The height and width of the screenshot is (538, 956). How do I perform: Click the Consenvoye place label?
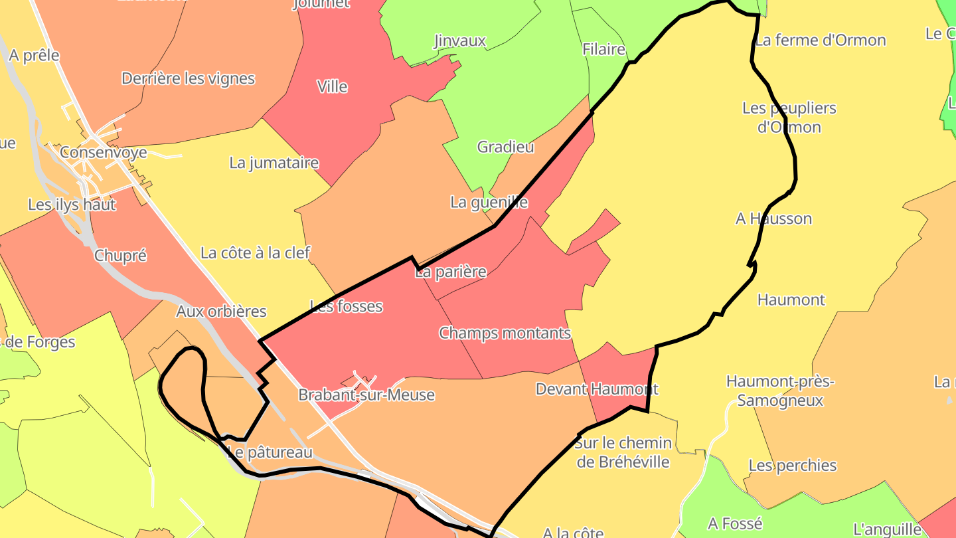click(103, 153)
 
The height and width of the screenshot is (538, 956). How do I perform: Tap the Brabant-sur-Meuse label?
click(366, 395)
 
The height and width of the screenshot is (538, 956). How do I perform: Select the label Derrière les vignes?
click(188, 78)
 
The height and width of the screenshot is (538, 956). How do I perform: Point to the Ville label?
click(332, 87)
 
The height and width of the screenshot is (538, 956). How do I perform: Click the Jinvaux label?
click(459, 41)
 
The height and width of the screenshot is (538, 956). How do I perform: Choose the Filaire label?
click(603, 49)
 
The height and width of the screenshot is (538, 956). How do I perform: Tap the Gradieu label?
click(505, 147)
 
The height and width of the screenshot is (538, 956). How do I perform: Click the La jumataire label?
click(274, 163)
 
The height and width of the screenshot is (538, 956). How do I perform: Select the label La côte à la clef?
click(256, 253)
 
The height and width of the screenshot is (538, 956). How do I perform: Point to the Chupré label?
click(120, 256)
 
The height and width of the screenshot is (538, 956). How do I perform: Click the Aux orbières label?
click(221, 312)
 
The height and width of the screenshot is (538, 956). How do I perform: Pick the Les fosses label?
click(347, 307)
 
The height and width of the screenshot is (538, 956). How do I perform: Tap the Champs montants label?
click(505, 333)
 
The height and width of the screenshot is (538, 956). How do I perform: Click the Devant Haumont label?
click(597, 389)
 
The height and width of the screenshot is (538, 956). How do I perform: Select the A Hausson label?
click(773, 219)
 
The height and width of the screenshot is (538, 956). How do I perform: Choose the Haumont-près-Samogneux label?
click(780, 391)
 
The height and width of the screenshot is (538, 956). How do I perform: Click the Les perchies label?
click(793, 466)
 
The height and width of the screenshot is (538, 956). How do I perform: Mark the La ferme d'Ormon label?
click(821, 41)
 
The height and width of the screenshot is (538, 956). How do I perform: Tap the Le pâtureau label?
click(270, 453)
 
